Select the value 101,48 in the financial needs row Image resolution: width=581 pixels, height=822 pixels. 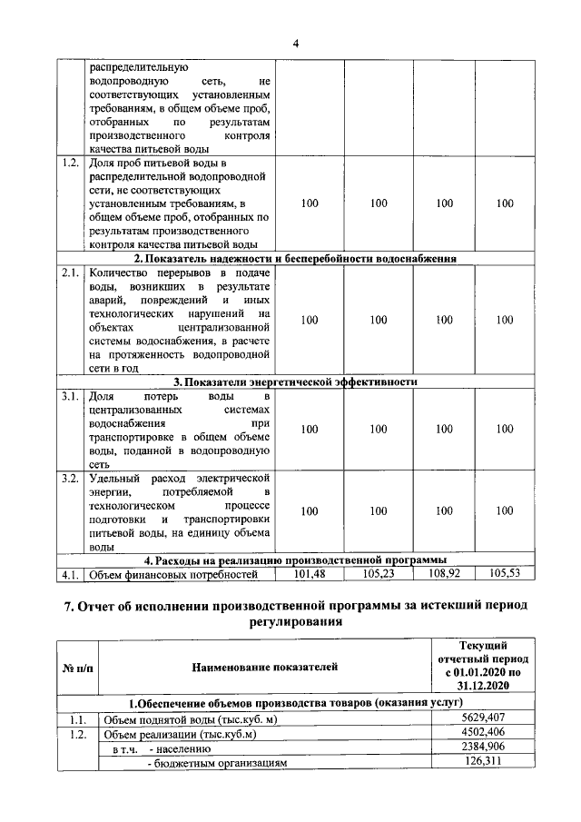(x=310, y=573)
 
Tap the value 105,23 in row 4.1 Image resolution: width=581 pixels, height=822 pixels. (x=379, y=573)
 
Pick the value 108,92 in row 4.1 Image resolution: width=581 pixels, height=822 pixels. (x=444, y=573)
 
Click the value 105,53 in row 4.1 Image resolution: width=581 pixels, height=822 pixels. (x=505, y=573)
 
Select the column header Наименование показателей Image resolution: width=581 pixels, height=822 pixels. (x=264, y=668)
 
